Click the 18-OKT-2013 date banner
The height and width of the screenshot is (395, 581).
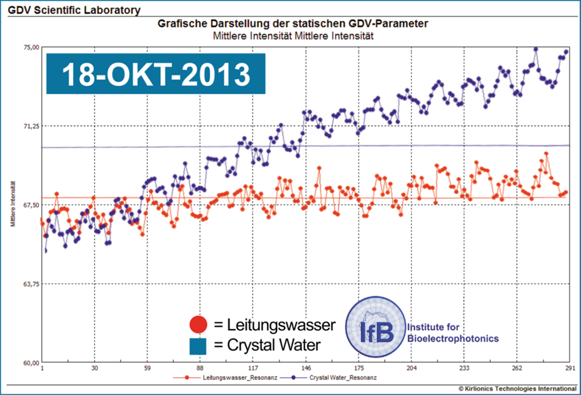click(155, 74)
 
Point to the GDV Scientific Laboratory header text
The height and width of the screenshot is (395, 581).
click(74, 11)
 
